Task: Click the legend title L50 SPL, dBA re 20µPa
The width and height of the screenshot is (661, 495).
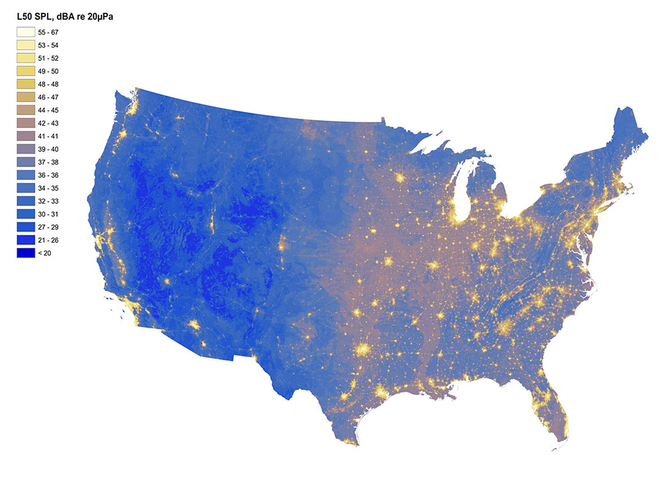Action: click(x=65, y=16)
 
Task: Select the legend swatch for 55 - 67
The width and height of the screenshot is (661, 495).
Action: click(x=26, y=32)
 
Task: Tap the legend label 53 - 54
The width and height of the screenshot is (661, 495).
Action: click(x=48, y=45)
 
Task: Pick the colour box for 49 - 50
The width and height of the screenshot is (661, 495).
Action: click(x=26, y=71)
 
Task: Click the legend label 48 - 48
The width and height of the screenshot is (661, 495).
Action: click(x=48, y=84)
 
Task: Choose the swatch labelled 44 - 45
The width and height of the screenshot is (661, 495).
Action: click(x=26, y=110)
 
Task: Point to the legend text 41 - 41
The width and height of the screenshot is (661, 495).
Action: click(x=48, y=136)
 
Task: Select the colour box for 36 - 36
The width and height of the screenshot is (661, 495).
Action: click(x=26, y=175)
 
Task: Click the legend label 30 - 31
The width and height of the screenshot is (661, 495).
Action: click(x=48, y=214)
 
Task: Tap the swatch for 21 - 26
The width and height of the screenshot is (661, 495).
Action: click(x=26, y=240)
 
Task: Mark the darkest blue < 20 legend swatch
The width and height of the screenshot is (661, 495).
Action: click(x=26, y=253)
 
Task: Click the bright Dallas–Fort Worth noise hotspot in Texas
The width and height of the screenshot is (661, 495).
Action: click(x=363, y=349)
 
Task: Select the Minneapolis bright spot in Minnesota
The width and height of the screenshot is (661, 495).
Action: click(x=400, y=178)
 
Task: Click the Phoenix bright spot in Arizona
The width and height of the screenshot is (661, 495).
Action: click(x=194, y=325)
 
